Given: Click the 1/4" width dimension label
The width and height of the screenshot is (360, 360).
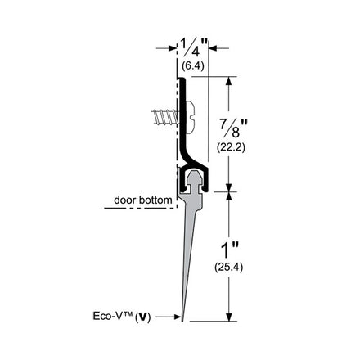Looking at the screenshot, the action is tap(194, 47).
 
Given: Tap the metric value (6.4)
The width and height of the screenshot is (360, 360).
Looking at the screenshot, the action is tap(193, 65).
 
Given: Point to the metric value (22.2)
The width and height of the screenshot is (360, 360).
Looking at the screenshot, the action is tap(231, 147).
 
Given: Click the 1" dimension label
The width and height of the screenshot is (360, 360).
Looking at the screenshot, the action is tap(229, 250).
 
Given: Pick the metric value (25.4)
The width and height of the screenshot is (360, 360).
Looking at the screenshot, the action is tap(228, 268).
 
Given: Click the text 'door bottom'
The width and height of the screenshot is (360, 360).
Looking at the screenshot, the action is tap(143, 200).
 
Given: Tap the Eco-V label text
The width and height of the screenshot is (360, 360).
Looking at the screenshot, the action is tap(113, 316).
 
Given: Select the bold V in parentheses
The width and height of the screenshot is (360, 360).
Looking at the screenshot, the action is tap(142, 317).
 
